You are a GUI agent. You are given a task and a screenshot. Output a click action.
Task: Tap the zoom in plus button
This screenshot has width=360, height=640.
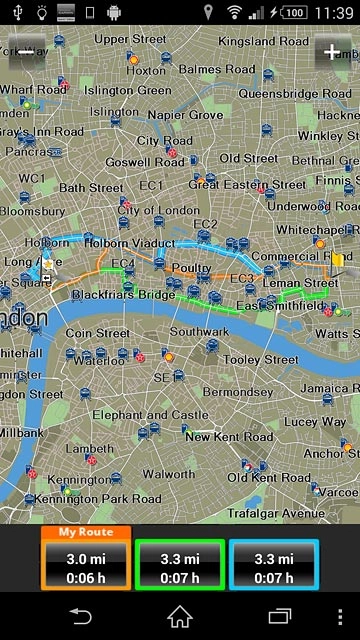coord(331,51)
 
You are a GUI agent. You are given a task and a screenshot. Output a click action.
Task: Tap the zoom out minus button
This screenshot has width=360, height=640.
coord(27,51)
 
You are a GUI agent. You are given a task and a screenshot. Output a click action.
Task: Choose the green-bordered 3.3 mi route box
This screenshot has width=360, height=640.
coord(180,566)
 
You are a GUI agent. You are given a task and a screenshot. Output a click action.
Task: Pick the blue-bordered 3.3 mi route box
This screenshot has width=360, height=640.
coord(273,566)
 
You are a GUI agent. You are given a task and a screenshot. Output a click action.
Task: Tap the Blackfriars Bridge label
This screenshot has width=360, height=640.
coord(124,295)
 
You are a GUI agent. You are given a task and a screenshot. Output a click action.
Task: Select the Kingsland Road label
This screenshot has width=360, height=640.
coord(263,42)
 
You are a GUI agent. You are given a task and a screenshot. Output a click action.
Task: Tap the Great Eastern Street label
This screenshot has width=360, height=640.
coord(247,184)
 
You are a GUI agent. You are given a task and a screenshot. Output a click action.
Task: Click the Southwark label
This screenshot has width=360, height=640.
coord(199,331)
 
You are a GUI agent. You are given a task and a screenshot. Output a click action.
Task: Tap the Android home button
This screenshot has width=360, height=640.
coord(180,616)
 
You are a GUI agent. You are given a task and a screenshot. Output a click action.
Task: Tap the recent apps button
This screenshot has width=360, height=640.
coord(279,616)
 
